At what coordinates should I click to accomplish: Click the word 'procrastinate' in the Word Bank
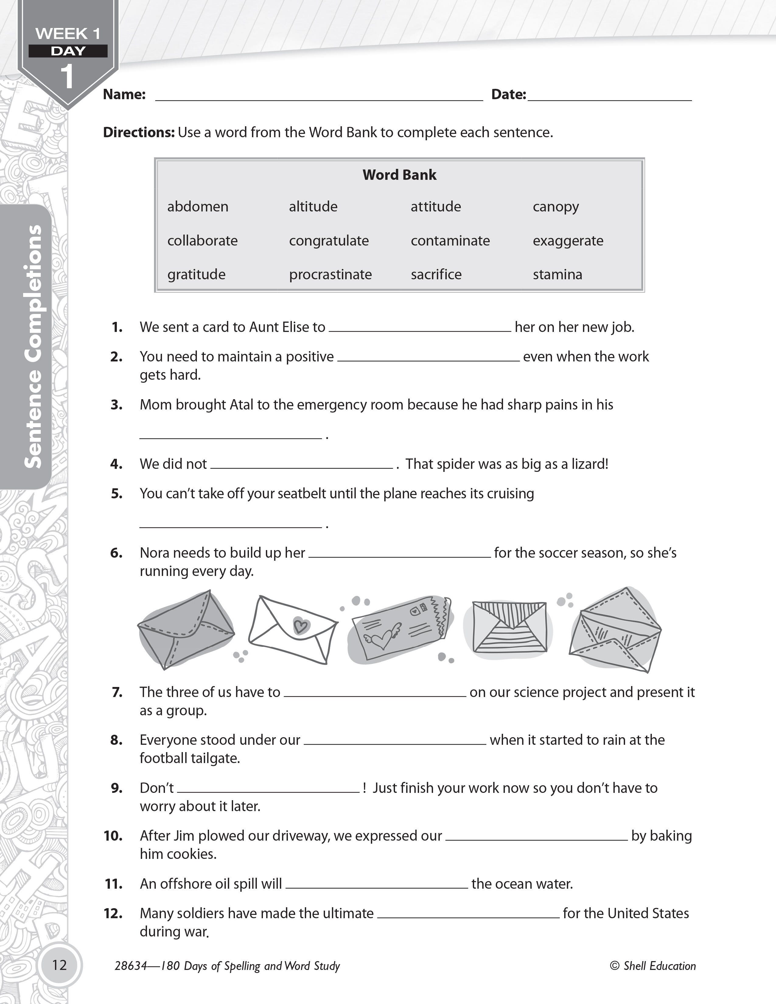(x=330, y=274)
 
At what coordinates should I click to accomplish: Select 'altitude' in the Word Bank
(x=313, y=206)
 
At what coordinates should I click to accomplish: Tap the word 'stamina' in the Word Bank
(x=557, y=274)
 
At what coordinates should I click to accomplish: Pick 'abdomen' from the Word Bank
(x=198, y=206)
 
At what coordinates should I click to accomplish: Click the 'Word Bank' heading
(x=399, y=175)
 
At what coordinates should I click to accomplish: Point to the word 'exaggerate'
(x=568, y=240)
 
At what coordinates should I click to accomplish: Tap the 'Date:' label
(x=509, y=94)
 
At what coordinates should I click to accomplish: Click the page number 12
(x=60, y=964)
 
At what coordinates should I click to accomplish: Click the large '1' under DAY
(x=68, y=77)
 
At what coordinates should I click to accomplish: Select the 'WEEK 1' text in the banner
(x=68, y=33)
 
